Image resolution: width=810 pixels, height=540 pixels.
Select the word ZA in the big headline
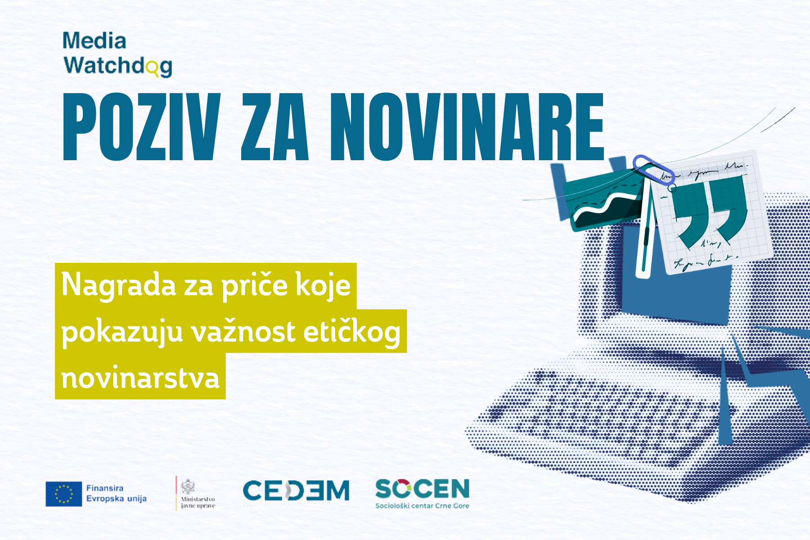[274, 127]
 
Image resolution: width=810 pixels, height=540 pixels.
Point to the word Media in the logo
[94, 41]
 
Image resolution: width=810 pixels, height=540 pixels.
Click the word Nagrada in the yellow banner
[118, 285]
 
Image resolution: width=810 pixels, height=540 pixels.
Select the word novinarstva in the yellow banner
[140, 378]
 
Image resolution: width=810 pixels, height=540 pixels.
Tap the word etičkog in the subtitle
[351, 332]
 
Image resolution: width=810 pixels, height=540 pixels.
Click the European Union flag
[63, 494]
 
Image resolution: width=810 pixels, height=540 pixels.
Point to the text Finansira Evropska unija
[116, 493]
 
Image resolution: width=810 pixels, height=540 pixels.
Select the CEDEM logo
[296, 490]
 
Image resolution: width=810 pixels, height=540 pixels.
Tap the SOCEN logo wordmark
[422, 489]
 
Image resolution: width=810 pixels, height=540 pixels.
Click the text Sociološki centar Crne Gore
[422, 506]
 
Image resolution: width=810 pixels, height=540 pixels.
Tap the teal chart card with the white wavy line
[603, 202]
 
